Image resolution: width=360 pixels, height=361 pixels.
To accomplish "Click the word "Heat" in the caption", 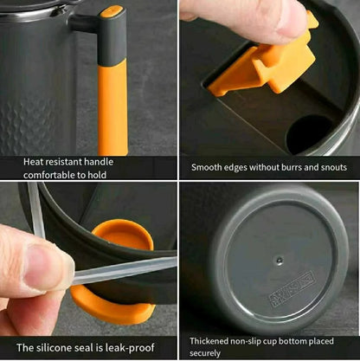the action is coord(34,162).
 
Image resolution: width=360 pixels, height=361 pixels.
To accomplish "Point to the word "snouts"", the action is coord(333,168).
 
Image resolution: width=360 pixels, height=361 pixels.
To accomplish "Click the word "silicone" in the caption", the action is coord(54,347).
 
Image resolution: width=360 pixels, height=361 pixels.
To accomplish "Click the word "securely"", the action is coord(205,353).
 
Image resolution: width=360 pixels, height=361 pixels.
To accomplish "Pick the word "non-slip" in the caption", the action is coord(246,341).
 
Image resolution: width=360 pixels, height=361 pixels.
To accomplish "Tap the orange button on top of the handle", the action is coord(112,11).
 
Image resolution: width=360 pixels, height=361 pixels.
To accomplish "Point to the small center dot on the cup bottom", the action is coord(279,261).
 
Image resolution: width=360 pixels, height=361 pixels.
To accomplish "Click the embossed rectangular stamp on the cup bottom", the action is coord(291,289).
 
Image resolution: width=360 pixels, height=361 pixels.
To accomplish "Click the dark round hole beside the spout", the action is coord(309,133).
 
